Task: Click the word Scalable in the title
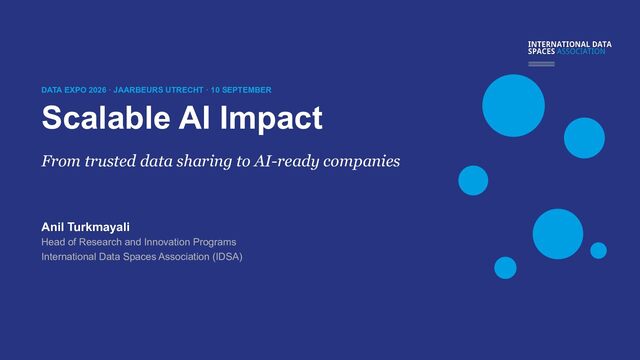[x=106, y=118]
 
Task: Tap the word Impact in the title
[x=271, y=119]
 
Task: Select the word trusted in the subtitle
[x=110, y=161]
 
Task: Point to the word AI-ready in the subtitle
[x=286, y=162]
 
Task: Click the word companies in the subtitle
[x=362, y=162]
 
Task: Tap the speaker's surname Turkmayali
[x=98, y=227]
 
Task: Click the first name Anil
[x=53, y=227]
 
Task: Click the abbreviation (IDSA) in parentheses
[x=227, y=257]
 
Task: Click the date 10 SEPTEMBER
[x=241, y=90]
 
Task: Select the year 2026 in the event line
[x=98, y=90]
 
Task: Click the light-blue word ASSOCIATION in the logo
[x=581, y=51]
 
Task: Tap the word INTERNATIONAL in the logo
[x=558, y=44]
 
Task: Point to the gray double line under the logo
[x=541, y=64]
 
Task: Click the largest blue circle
[x=513, y=105]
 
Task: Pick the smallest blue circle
[x=598, y=250]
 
